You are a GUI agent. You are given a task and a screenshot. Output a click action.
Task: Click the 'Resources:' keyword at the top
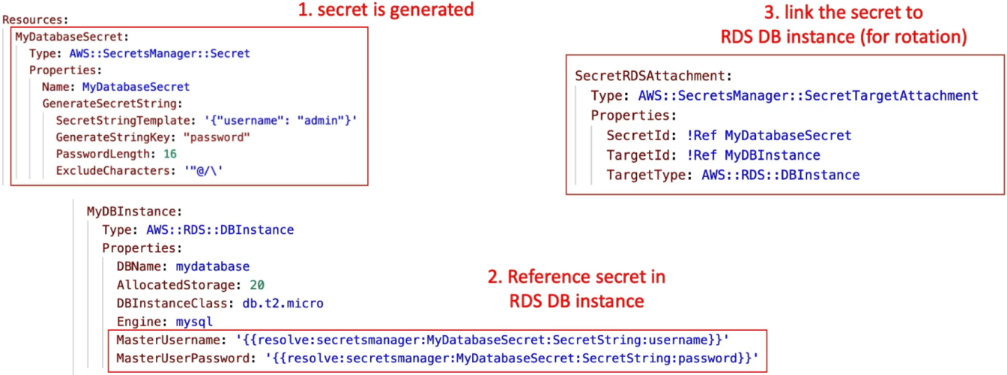[x=35, y=19]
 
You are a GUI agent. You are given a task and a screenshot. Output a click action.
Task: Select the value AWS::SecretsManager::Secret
[x=160, y=53]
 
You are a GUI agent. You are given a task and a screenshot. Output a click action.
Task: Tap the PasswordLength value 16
[x=170, y=154]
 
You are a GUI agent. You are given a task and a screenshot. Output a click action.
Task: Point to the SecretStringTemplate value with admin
[x=281, y=121]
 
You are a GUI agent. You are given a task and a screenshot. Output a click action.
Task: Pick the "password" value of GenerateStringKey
[x=217, y=137]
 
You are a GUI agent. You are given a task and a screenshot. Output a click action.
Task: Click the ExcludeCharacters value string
[x=204, y=171]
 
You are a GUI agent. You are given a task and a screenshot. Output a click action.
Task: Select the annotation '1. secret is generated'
[x=386, y=10]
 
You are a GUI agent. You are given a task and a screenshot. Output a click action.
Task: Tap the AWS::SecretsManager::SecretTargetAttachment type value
[x=808, y=96]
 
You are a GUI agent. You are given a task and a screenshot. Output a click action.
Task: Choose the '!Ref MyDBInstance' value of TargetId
[x=754, y=155]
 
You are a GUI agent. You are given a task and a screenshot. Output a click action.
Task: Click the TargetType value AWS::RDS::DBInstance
[x=781, y=175]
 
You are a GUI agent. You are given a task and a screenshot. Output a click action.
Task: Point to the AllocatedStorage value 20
[x=257, y=285]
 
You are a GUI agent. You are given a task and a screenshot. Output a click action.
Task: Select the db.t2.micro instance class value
[x=282, y=304]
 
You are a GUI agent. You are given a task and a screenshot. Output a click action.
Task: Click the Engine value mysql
[x=194, y=322]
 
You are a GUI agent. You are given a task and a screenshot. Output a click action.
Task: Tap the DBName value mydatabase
[x=213, y=266]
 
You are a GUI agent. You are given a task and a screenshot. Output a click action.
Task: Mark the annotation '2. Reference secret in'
[x=577, y=277]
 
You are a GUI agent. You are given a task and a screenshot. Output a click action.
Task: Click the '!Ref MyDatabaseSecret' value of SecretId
[x=769, y=136]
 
